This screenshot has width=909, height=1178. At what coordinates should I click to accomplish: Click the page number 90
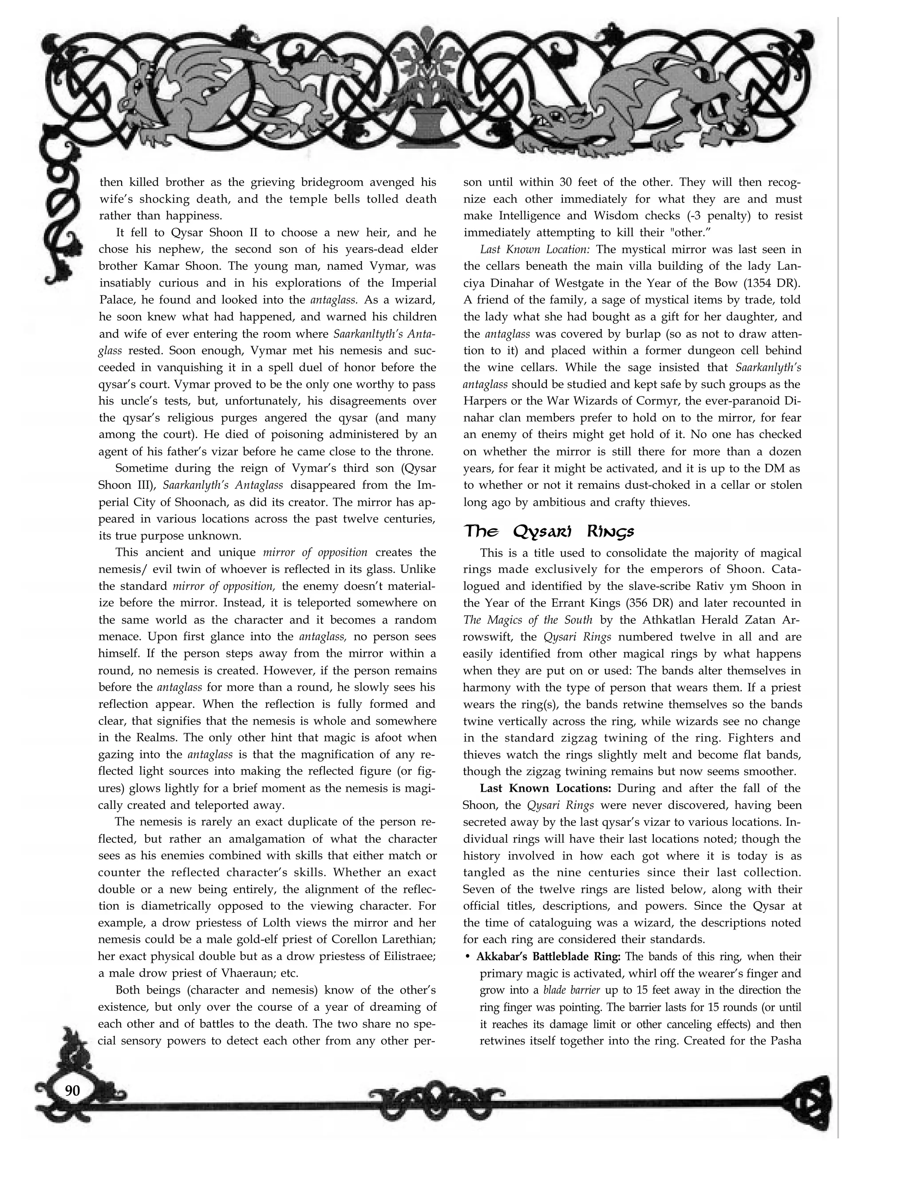pyautogui.click(x=72, y=1091)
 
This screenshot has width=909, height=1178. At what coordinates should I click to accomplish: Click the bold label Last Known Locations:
pyautogui.click(x=545, y=788)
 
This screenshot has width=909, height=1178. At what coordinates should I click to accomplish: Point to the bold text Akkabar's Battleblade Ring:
pyautogui.click(x=549, y=957)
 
